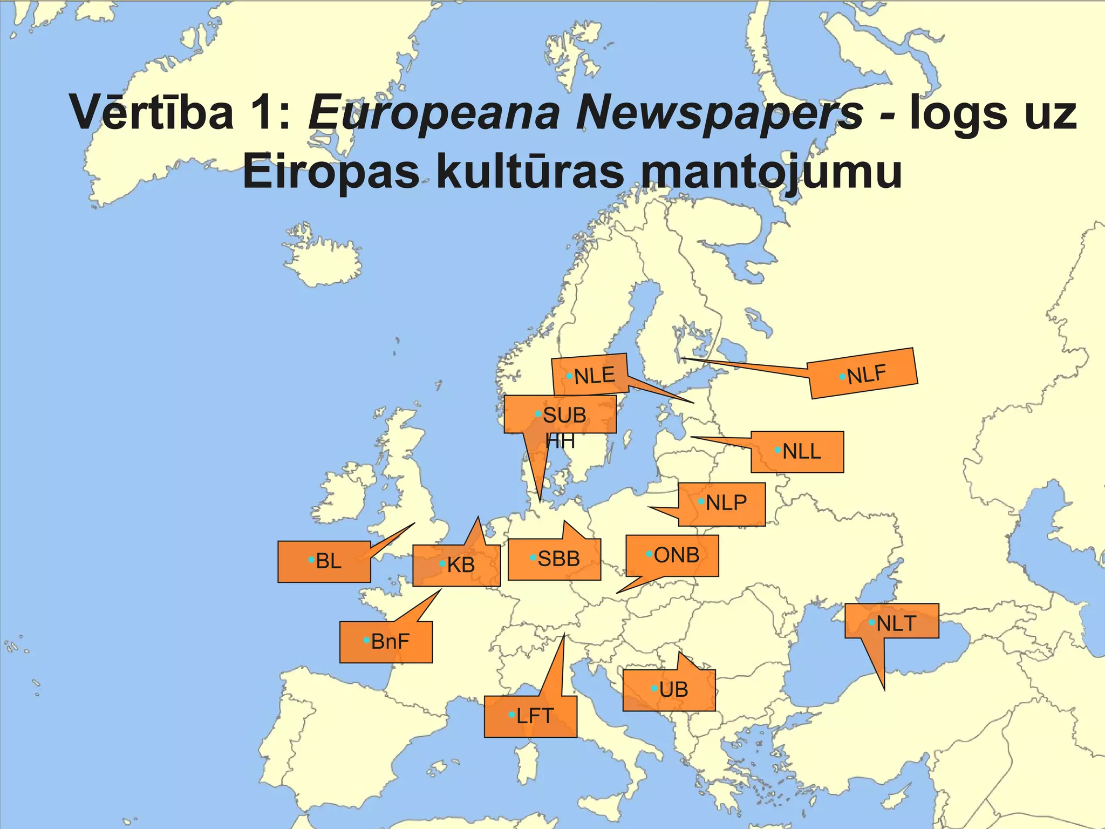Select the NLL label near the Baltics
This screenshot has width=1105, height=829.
pos(797,452)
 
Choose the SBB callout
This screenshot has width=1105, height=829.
pos(555,559)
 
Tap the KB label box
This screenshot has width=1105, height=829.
pos(456,565)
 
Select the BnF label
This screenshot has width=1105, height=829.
pos(386,642)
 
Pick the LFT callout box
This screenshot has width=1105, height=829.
pos(531,716)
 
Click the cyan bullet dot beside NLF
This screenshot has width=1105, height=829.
pos(842,377)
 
